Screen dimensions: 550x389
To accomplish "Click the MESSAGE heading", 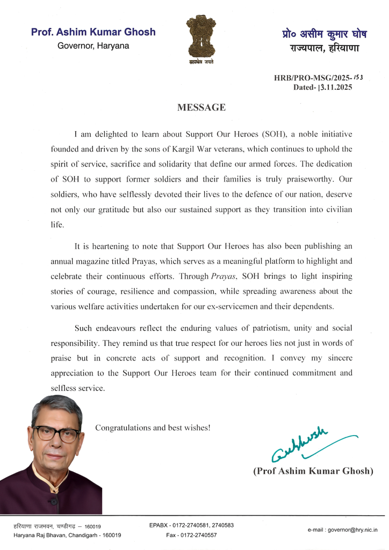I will (201, 107).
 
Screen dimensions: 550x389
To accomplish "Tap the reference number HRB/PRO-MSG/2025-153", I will (318, 78).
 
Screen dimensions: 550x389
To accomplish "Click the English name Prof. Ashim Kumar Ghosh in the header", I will (93, 32).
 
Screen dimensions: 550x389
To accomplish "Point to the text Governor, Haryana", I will (93, 46).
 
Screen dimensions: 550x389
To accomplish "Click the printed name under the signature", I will (313, 471).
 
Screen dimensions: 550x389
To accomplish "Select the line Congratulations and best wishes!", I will (153, 428).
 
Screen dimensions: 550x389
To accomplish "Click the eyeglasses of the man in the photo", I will (55, 433).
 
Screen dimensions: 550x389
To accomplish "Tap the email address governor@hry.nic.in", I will (342, 530).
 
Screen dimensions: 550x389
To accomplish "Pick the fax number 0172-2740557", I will (191, 535).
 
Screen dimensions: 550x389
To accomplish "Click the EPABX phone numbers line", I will (191, 525).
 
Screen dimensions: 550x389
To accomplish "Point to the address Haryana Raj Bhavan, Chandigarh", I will (67, 535).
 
